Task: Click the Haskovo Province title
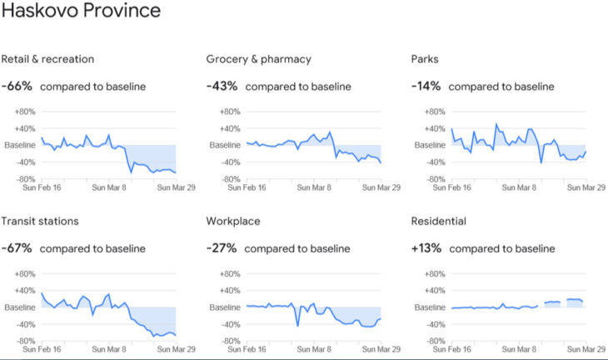(81, 13)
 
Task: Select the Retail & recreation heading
(47, 59)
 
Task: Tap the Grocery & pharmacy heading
(258, 59)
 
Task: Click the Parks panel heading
(425, 59)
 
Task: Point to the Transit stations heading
(40, 222)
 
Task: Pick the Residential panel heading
(439, 222)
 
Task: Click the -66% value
(17, 86)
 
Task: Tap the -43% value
(222, 86)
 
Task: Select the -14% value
(426, 86)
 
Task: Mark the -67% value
(17, 248)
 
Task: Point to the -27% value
(222, 248)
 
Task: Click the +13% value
(427, 248)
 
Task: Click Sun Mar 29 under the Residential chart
(586, 351)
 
